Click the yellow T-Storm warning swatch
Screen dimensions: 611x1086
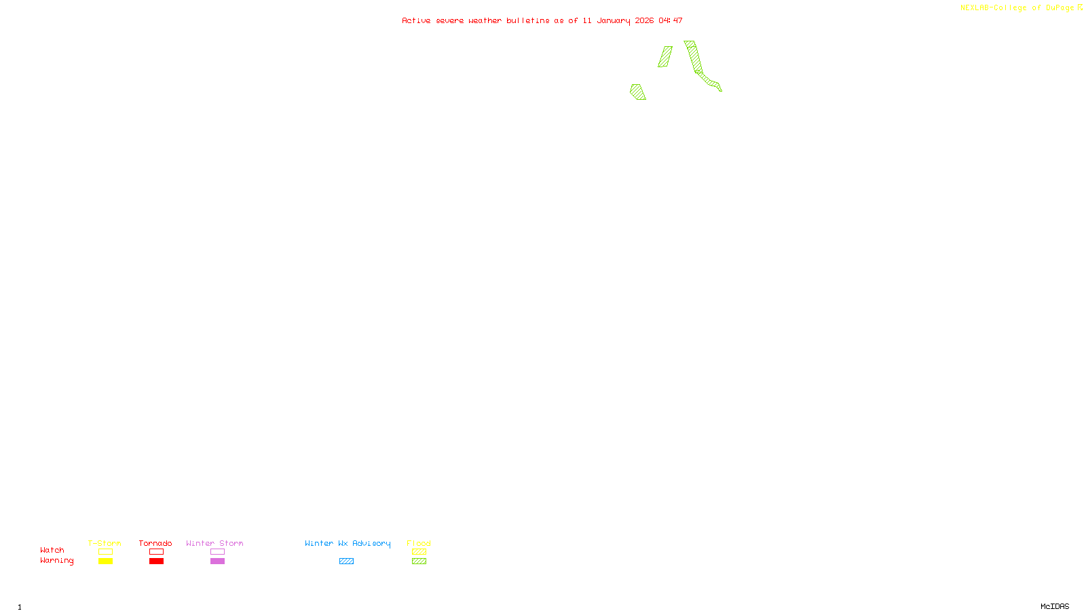105,561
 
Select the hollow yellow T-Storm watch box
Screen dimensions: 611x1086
105,552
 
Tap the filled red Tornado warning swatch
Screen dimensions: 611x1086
156,561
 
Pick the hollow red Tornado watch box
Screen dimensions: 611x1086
156,552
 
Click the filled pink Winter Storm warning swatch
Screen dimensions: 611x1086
217,561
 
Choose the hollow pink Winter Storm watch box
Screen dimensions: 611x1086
217,552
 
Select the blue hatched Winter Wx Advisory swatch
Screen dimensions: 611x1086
346,561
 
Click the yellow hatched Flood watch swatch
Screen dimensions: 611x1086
419,552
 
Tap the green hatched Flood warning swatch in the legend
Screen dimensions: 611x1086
419,561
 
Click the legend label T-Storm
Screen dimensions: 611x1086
105,543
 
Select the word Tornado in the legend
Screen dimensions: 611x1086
155,543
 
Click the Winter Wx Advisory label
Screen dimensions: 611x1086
348,543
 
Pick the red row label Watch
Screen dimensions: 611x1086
52,550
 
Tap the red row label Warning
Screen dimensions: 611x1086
56,561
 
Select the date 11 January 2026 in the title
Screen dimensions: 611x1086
618,20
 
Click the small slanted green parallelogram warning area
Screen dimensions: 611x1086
665,56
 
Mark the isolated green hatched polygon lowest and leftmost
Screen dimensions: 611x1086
637,92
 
